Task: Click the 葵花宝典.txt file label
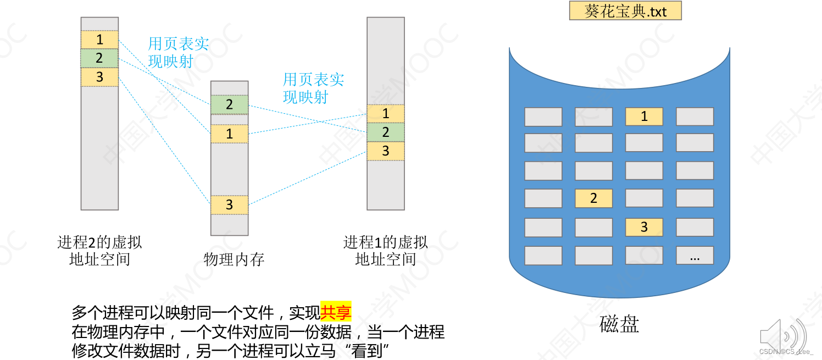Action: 625,11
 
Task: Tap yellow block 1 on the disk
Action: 644,117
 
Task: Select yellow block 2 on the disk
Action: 593,198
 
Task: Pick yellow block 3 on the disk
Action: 644,227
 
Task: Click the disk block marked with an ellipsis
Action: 695,256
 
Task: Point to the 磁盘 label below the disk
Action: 619,324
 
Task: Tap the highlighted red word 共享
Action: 336,313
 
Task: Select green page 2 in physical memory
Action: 229,104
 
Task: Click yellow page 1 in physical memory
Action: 229,134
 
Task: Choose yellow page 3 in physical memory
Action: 229,205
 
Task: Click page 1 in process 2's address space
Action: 99,40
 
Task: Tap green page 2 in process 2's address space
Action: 99,58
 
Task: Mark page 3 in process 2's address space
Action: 99,76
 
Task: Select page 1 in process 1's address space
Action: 386,114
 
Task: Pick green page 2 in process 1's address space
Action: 386,132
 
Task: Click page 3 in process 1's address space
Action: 386,151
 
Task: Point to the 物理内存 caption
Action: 234,259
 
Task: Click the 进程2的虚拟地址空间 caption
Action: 99,251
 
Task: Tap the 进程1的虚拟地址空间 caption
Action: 386,251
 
